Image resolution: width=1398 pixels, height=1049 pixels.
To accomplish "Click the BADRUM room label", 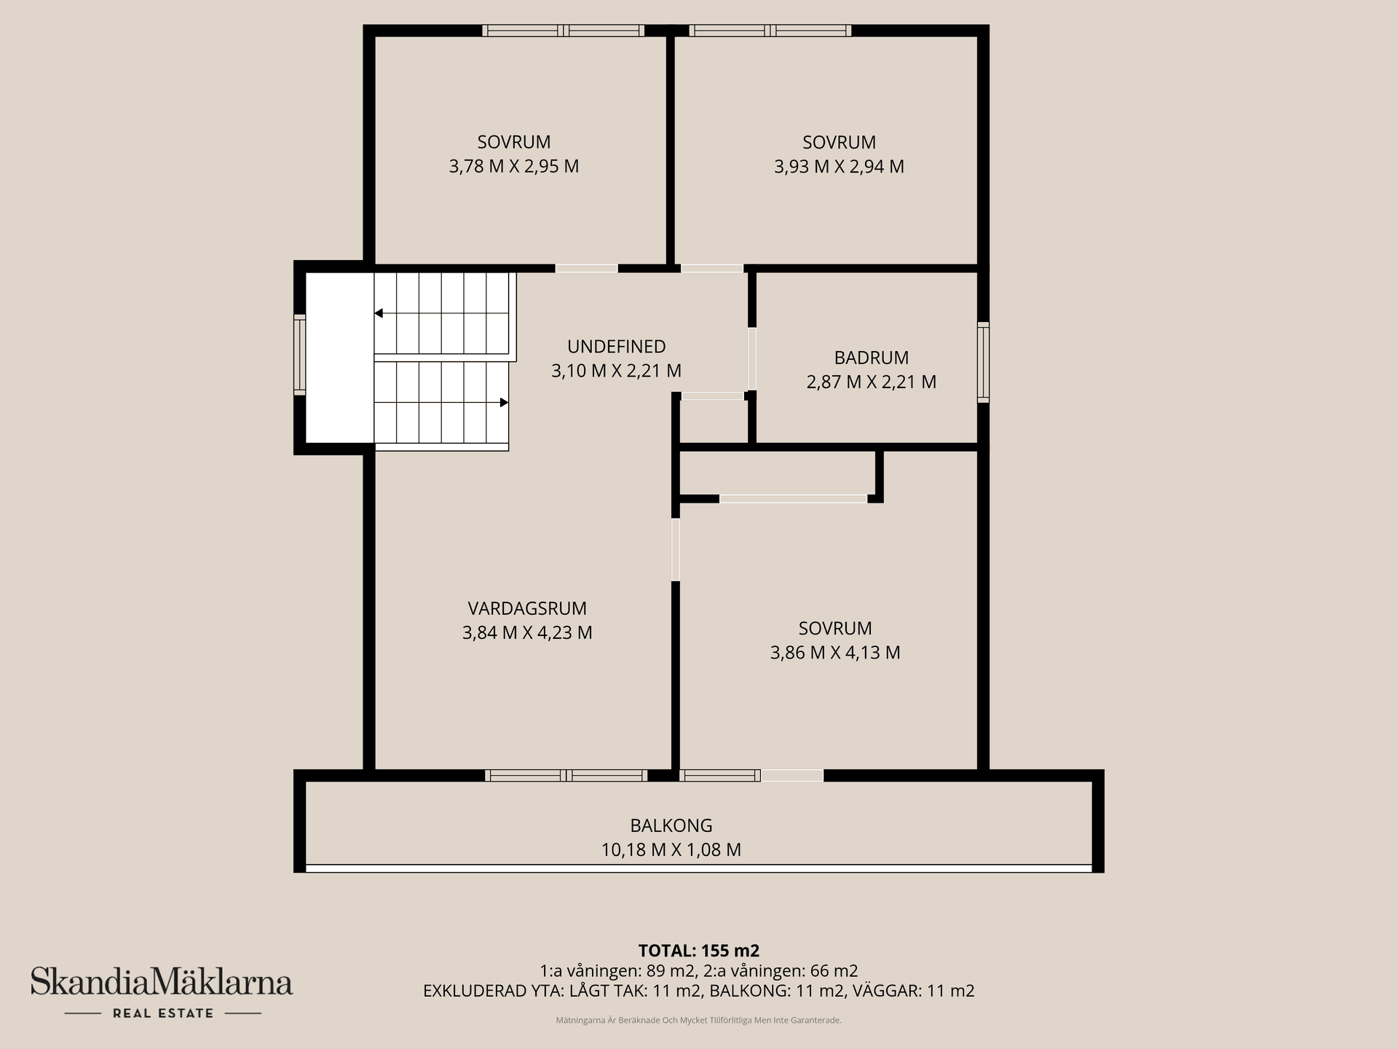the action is click(871, 358).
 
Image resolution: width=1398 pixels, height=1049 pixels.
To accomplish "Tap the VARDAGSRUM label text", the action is click(527, 608).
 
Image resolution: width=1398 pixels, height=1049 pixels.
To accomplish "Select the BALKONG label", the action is click(671, 825).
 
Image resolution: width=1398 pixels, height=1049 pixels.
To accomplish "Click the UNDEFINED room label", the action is click(617, 347).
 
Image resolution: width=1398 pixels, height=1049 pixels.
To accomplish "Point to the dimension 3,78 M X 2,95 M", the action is click(514, 167).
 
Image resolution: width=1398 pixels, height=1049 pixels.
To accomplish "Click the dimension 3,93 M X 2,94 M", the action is click(839, 167).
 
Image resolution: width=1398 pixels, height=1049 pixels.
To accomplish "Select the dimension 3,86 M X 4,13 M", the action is click(835, 653).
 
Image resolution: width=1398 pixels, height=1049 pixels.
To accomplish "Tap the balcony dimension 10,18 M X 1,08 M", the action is click(671, 849).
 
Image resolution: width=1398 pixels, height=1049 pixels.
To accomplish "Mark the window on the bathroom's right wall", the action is click(983, 362).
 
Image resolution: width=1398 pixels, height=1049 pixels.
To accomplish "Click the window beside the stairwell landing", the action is click(299, 355).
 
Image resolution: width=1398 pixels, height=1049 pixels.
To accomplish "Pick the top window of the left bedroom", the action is click(564, 31).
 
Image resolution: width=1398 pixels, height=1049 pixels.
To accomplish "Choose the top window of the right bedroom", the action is click(770, 31).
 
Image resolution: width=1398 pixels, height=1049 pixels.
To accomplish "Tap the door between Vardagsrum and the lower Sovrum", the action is click(676, 549).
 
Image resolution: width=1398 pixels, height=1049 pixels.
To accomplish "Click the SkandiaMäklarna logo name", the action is click(162, 982).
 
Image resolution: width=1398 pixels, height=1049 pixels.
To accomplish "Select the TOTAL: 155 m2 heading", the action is click(699, 951).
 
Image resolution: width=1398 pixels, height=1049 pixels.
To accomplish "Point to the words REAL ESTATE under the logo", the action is click(163, 1013).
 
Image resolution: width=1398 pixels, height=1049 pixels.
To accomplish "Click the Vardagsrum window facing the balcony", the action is click(566, 776).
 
